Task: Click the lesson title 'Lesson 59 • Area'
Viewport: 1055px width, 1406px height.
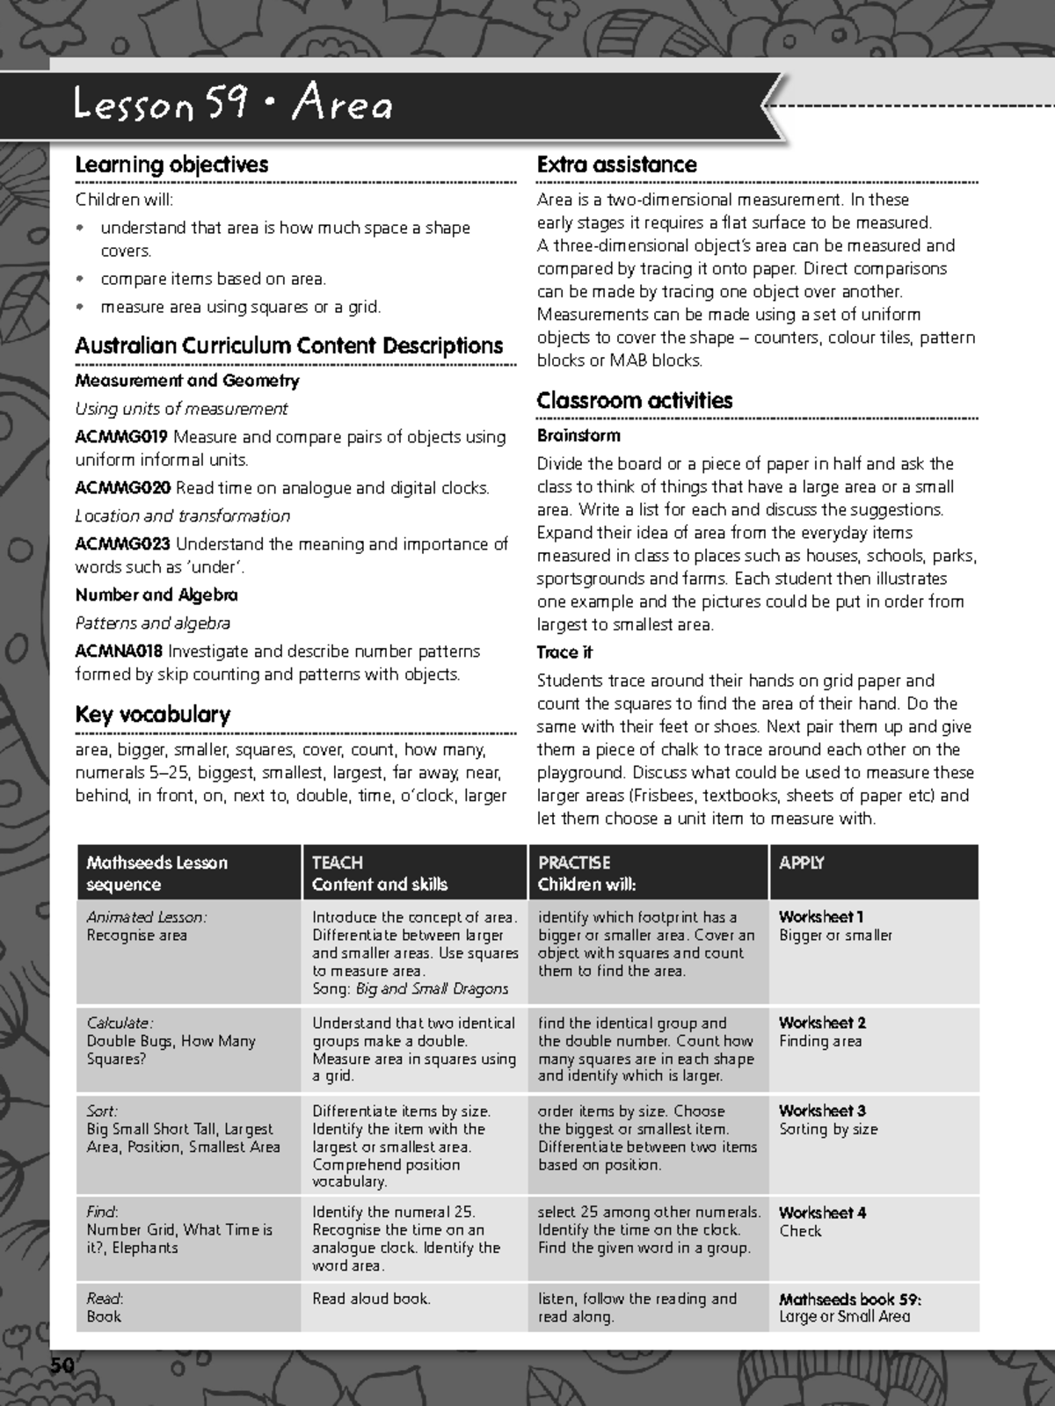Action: coord(233,106)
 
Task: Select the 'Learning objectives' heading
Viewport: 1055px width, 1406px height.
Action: coord(171,164)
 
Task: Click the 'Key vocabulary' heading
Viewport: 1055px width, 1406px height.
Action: coord(152,714)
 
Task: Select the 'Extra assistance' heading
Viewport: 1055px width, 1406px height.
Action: coord(616,164)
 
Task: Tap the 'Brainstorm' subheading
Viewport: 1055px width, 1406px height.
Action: coord(578,435)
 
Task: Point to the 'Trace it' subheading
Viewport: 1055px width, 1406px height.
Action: coord(564,652)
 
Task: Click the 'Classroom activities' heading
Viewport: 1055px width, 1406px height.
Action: coord(634,400)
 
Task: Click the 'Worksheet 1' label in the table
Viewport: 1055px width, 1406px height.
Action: coord(821,917)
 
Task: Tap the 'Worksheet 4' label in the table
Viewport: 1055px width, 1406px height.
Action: coord(822,1213)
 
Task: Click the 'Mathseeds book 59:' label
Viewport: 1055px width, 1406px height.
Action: coord(849,1299)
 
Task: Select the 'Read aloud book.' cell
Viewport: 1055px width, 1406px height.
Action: coord(371,1299)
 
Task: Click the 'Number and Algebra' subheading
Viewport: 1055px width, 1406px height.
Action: coord(156,595)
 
